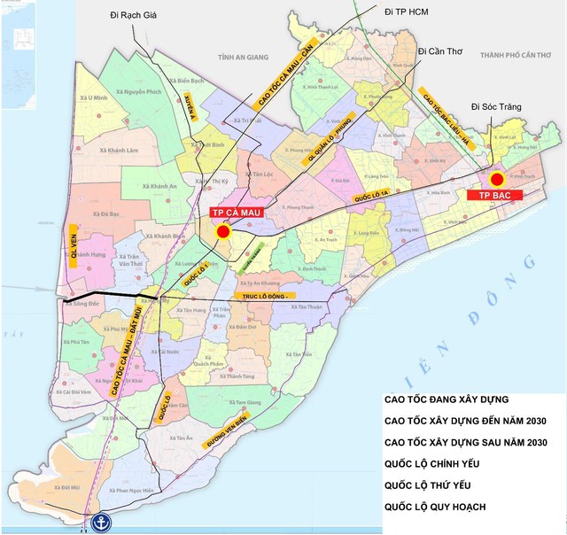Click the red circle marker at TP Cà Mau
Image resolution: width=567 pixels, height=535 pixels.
222,232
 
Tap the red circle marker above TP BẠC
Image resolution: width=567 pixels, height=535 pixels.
497,179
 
